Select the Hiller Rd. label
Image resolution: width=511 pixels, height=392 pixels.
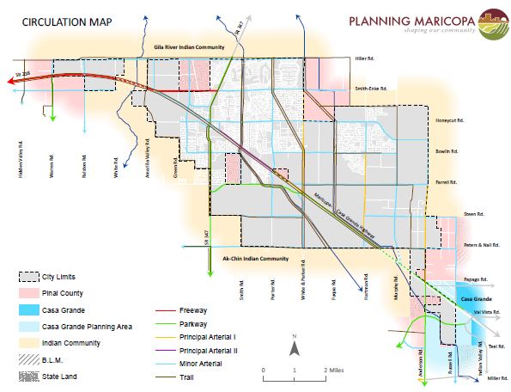pos(366,58)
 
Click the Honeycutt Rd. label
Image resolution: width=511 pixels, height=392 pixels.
pos(450,120)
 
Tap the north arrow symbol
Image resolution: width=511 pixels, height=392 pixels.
pos(294,346)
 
